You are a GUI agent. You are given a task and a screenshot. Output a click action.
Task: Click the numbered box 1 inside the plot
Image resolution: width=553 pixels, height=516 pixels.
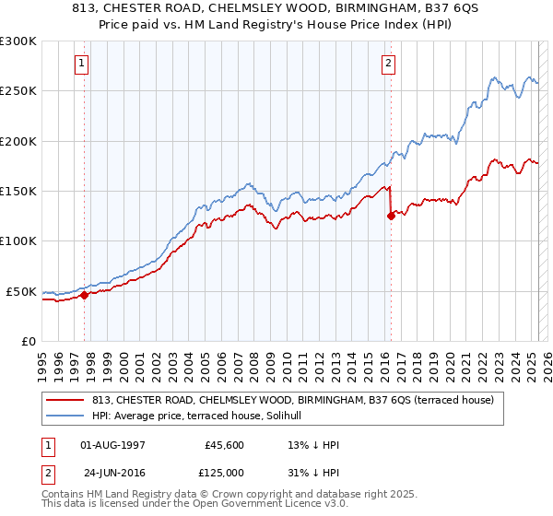coord(82,64)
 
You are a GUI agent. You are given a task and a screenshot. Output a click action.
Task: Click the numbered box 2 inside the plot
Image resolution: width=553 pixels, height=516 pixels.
coord(388,64)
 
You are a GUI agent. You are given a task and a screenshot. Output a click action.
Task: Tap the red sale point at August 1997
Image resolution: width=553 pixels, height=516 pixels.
coord(84,296)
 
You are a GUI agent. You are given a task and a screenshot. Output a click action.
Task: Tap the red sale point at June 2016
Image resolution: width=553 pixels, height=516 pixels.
coord(391,217)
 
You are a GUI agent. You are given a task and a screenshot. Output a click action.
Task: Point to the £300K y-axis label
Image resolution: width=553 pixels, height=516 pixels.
coord(18,41)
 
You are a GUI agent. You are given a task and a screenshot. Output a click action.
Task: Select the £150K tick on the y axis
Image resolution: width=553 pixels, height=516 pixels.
coord(18,192)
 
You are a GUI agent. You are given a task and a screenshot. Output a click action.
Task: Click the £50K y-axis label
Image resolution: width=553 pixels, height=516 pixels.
coord(20,291)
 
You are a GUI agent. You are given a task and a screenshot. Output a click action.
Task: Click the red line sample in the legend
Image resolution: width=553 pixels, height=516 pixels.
coord(65,400)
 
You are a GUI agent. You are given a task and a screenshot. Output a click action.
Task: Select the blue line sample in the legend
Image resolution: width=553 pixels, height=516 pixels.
coord(65,416)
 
